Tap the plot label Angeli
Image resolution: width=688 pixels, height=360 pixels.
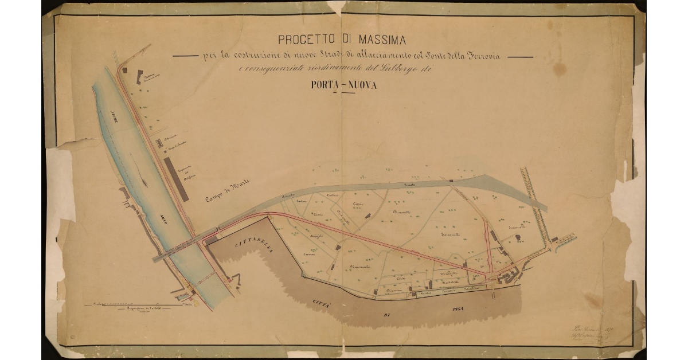click(x=316, y=236)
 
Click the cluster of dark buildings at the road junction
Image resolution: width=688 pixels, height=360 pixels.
click(x=508, y=279)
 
